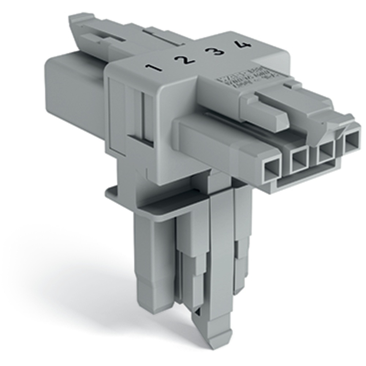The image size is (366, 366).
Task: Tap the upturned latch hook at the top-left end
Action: coord(79,22)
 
